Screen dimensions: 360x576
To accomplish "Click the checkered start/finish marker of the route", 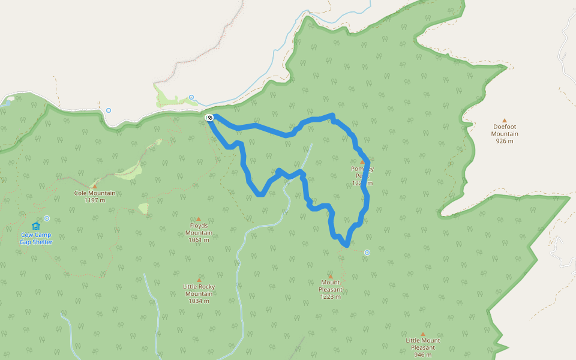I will [209, 118].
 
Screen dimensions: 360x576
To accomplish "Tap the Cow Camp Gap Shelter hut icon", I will [36, 226].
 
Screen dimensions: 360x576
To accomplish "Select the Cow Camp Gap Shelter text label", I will [36, 238].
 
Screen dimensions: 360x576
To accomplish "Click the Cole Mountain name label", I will [95, 193].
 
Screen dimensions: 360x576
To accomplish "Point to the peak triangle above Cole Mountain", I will [94, 186].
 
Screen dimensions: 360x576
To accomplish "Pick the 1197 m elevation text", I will [95, 200].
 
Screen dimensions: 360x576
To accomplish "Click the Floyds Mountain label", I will [199, 229].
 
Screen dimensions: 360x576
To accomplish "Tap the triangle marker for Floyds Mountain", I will [199, 219].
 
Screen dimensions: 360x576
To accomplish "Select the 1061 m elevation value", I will [199, 240].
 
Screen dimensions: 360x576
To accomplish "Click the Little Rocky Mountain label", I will [199, 290].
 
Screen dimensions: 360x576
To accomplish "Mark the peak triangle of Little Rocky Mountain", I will [199, 280].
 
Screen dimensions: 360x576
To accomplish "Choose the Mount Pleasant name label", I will [330, 286].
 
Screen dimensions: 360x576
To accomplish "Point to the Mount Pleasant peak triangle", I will [330, 276].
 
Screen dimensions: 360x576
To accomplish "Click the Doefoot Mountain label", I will [505, 130].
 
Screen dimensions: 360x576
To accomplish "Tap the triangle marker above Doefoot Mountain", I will [505, 120].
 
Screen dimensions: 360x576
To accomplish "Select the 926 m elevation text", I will [505, 141].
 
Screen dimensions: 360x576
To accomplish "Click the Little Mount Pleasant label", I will [422, 344].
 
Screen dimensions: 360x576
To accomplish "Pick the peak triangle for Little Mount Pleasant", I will [422, 334].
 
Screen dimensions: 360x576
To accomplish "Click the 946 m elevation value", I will [422, 354].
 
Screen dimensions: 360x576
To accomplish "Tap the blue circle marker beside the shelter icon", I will [47, 218].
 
